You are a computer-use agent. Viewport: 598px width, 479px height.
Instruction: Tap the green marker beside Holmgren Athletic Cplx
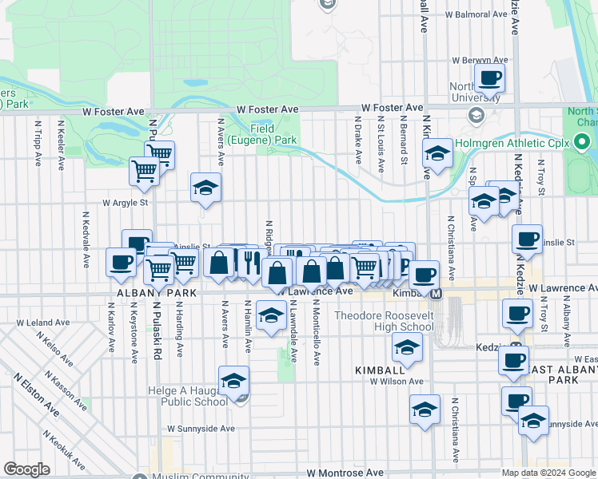[582, 144]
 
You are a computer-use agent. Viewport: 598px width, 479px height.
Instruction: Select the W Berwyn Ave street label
[480, 60]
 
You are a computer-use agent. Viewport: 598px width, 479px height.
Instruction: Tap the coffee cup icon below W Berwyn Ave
[489, 79]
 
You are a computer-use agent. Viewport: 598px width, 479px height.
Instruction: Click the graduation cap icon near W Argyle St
[205, 188]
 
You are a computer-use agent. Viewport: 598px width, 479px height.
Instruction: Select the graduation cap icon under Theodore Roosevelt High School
[407, 347]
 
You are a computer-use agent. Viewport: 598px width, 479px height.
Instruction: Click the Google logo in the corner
[26, 469]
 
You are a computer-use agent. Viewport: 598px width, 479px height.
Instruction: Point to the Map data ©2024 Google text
[548, 473]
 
